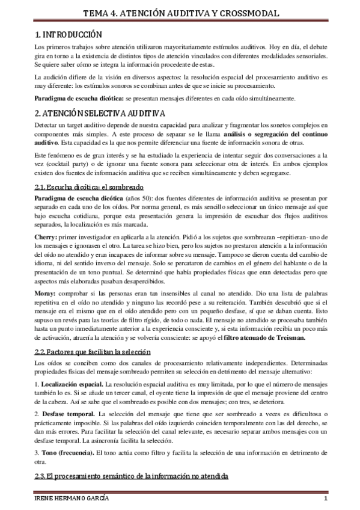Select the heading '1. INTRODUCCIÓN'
(x=68, y=35)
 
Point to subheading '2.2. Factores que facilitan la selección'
(x=93, y=351)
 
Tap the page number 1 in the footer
(x=324, y=500)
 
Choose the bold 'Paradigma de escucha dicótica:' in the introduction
(x=78, y=97)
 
